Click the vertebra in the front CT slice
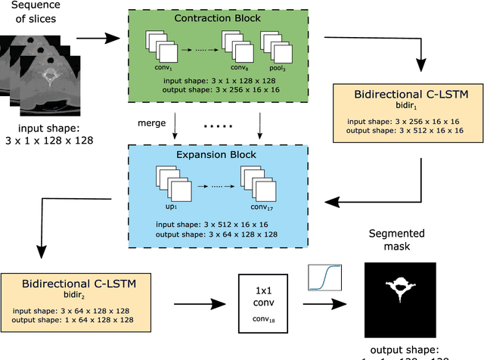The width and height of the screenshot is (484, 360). tap(51, 76)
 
